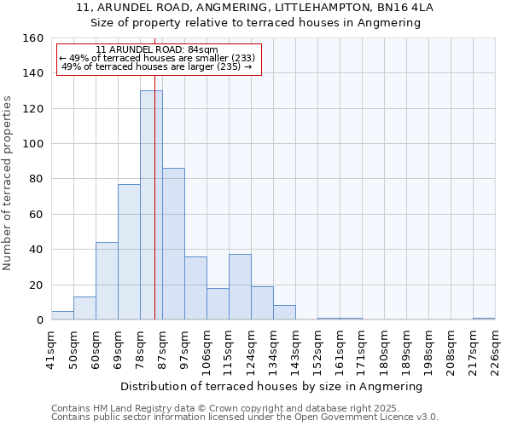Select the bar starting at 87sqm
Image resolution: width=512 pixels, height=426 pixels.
[x=173, y=244]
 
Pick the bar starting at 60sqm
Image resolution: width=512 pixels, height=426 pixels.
[x=107, y=281]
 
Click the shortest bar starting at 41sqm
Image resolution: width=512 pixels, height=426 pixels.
[x=62, y=315]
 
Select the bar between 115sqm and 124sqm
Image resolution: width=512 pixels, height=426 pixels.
[x=240, y=287]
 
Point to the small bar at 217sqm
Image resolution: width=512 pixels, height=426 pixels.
[x=484, y=319]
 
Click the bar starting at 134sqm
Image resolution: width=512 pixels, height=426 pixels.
[x=284, y=313]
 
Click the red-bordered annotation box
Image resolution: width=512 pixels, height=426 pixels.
[x=159, y=59]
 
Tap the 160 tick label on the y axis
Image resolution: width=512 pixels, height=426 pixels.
[x=33, y=38]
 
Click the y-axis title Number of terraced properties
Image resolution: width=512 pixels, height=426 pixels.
[x=9, y=183]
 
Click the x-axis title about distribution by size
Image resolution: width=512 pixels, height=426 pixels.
[x=277, y=386]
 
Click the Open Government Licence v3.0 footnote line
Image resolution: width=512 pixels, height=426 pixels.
[x=245, y=417]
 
